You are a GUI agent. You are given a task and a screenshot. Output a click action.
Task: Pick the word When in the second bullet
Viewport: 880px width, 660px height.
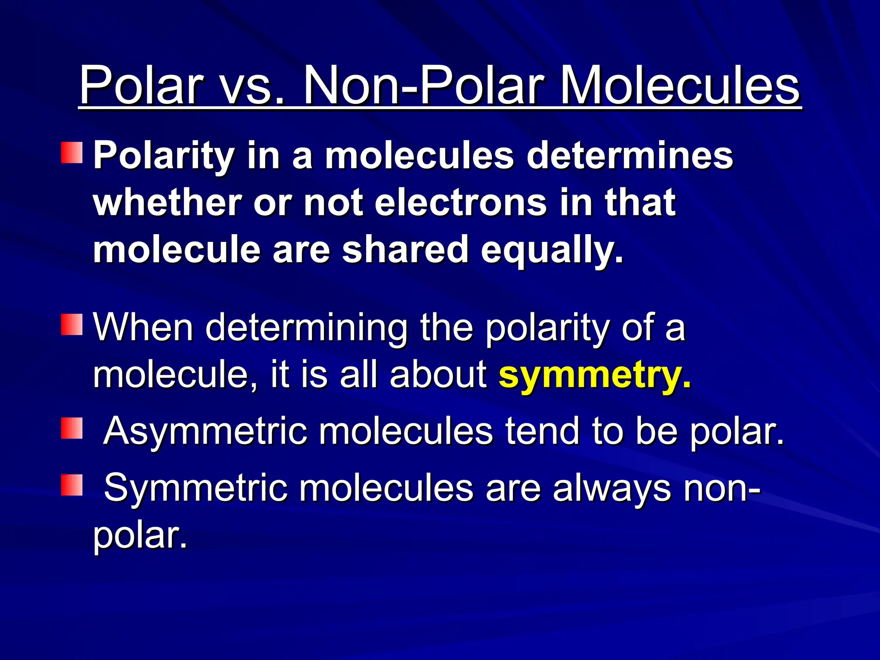[x=144, y=327]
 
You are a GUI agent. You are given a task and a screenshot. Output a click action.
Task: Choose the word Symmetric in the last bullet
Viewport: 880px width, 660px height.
[x=196, y=488]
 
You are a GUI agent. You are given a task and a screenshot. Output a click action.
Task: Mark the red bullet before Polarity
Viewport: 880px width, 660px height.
[x=71, y=153]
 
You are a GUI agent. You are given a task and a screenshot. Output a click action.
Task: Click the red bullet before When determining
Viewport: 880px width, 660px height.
[x=71, y=324]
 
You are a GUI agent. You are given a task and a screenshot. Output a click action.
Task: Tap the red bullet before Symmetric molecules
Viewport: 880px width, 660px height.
[x=71, y=485]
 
